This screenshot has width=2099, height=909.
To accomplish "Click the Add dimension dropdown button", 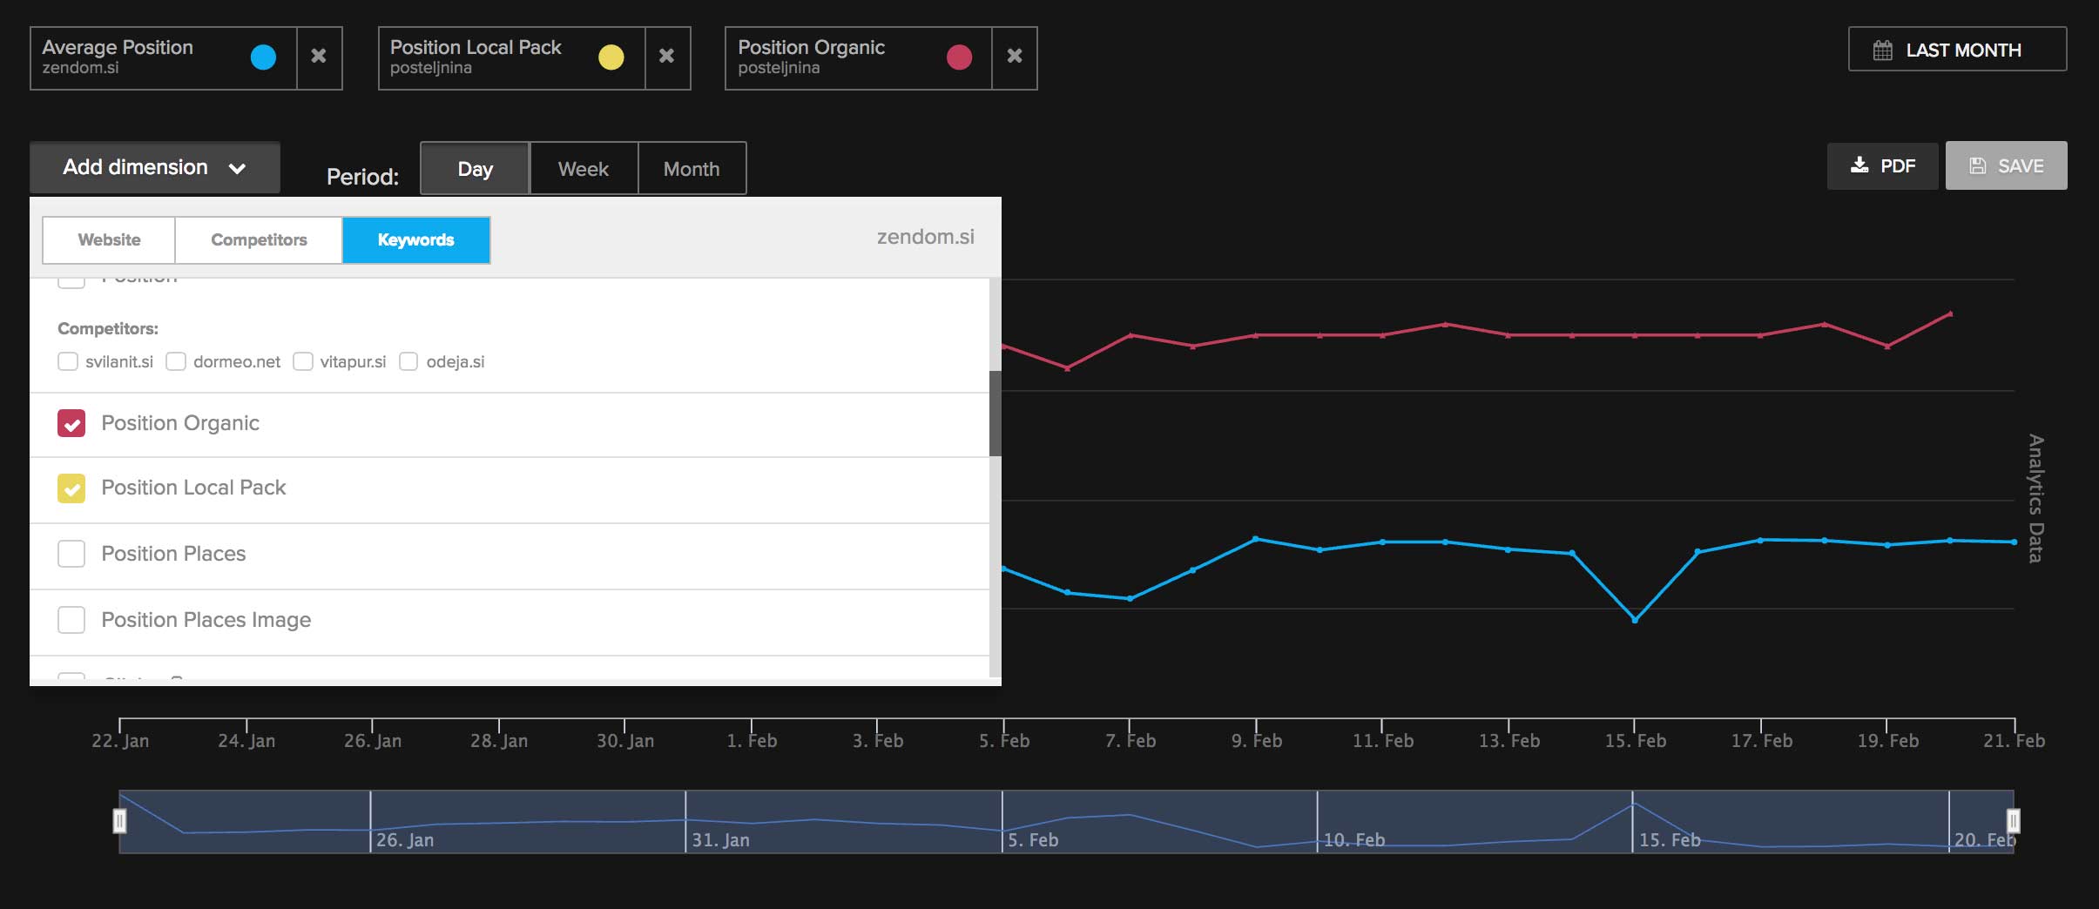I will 154,167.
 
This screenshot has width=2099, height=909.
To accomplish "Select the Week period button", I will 583,169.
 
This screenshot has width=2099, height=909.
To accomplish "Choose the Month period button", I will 692,169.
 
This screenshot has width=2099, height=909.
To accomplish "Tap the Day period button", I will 475,169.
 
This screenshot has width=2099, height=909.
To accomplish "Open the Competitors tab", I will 259,240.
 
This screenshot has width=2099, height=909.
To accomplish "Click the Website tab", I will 109,240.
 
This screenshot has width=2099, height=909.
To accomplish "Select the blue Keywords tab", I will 415,240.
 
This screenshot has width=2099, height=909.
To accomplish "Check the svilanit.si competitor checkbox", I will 68,361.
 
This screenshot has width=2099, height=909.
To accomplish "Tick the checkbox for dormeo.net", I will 176,361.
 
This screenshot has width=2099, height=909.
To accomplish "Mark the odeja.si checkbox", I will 408,361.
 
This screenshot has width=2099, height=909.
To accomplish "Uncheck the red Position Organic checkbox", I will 71,423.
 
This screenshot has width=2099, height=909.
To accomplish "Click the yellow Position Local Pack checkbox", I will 71,488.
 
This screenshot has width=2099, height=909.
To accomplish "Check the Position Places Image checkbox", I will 71,620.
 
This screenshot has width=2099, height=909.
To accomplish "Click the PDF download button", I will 1882,166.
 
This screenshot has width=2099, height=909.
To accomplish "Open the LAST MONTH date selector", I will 1956,50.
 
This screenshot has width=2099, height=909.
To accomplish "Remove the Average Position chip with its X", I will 319,57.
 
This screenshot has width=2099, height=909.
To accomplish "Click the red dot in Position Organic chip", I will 959,57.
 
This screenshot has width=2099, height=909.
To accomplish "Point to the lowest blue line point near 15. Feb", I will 1635,620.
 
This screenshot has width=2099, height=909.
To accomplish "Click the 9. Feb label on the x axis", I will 1256,741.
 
